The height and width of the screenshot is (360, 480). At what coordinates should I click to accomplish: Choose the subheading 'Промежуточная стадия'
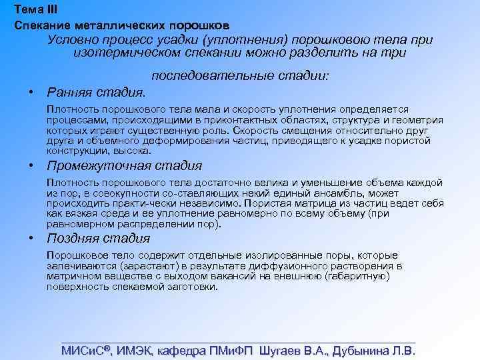[124, 165]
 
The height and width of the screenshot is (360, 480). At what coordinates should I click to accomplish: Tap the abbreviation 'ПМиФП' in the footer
[231, 351]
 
